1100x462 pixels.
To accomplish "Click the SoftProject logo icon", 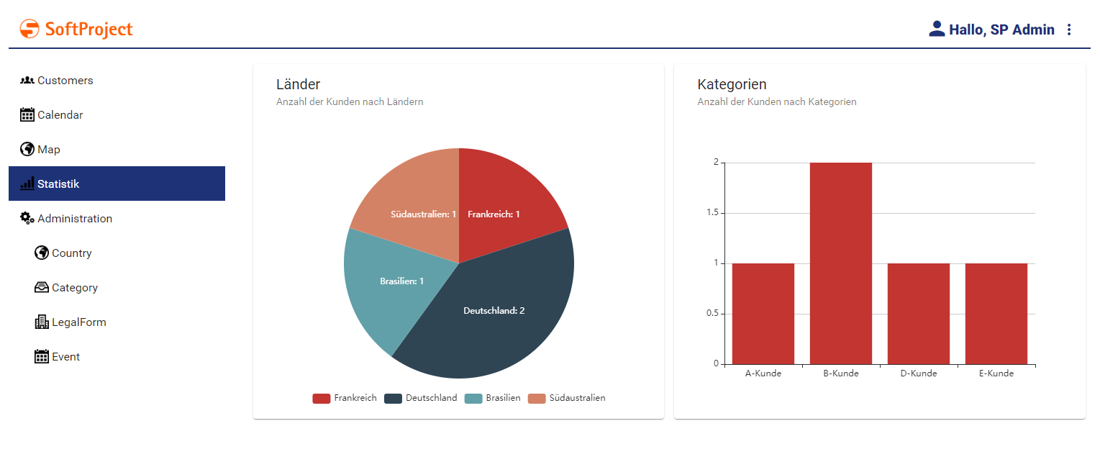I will [x=29, y=29].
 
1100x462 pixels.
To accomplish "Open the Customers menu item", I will [x=65, y=81].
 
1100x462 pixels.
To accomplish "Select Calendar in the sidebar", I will [x=60, y=115].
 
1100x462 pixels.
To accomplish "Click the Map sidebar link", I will [x=48, y=150].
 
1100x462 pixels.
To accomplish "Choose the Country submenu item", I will [x=71, y=253].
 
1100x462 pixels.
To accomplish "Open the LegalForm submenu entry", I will [x=78, y=322].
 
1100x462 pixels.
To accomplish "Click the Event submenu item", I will [x=65, y=357].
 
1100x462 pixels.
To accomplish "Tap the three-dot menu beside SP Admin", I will [x=1068, y=30].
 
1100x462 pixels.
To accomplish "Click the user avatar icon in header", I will [x=937, y=29].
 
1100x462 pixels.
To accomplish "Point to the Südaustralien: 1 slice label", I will [x=424, y=214].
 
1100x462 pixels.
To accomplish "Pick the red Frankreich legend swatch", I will [x=321, y=398].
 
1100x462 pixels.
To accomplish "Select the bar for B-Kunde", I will [x=840, y=263].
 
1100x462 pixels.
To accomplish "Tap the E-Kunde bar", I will [x=996, y=314].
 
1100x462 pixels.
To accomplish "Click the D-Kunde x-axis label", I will [x=918, y=373].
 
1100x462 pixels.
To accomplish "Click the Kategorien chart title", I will [x=732, y=84].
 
